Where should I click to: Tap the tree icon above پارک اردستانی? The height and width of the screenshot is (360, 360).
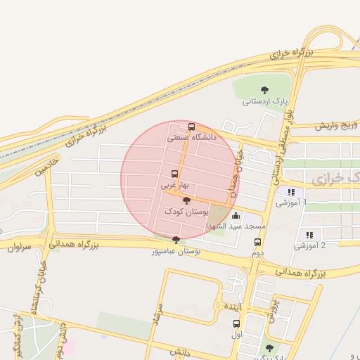pyautogui.click(x=264, y=89)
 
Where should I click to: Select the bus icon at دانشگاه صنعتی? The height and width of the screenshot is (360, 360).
pyautogui.click(x=192, y=127)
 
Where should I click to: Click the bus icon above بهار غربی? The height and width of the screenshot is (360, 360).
pyautogui.click(x=174, y=174)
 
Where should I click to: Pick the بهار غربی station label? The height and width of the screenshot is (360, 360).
pyautogui.click(x=173, y=186)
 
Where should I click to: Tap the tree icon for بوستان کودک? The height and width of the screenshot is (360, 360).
pyautogui.click(x=186, y=200)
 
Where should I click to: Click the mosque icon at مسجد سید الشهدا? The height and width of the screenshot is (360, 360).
pyautogui.click(x=236, y=216)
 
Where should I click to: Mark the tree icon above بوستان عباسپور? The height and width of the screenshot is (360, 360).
pyautogui.click(x=175, y=240)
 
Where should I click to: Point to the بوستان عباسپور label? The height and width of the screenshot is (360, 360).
pyautogui.click(x=176, y=251)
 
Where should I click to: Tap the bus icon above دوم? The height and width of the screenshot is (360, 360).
pyautogui.click(x=257, y=242)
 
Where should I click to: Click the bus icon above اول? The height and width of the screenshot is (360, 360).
pyautogui.click(x=236, y=324)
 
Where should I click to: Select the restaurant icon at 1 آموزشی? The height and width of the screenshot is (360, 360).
pyautogui.click(x=290, y=191)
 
